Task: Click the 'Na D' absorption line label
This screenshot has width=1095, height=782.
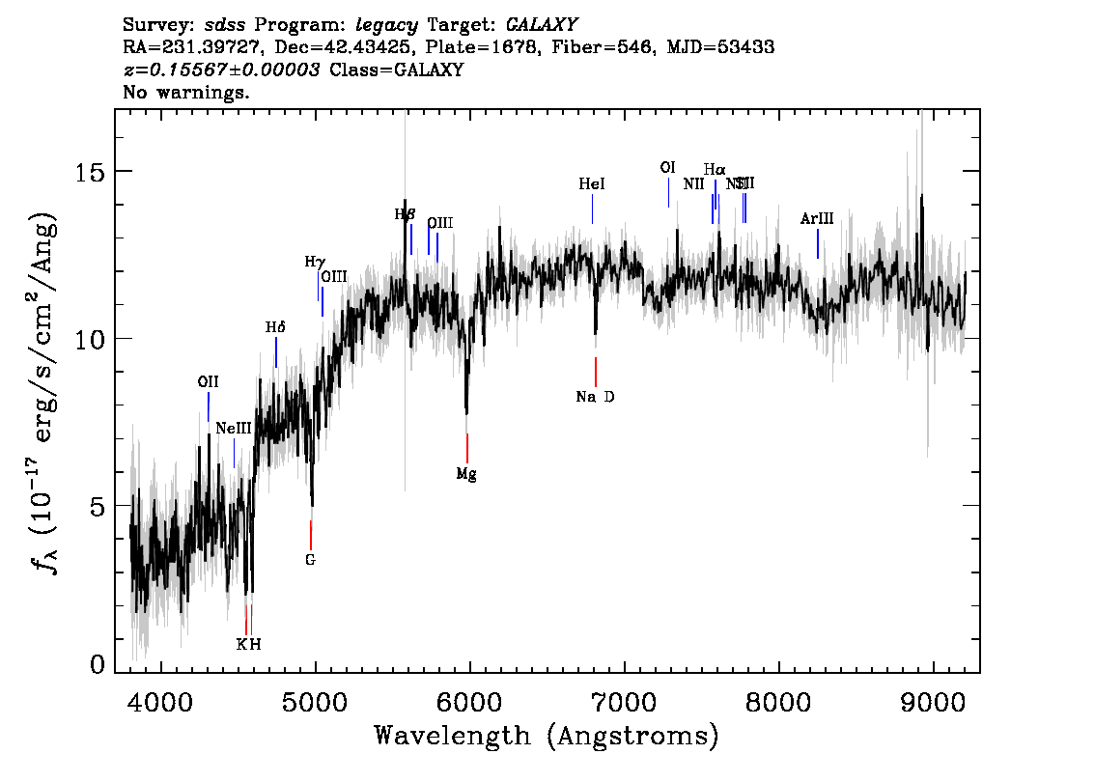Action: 595,397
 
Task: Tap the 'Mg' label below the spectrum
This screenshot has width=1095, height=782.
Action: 466,474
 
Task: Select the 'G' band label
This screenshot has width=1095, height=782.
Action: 310,559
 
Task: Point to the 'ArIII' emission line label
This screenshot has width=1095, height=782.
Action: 817,219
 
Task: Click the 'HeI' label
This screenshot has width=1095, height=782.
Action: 592,183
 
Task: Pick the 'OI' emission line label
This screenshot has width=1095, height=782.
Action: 667,167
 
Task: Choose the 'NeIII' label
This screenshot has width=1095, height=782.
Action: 233,428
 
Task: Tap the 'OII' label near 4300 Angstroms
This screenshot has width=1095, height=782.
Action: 208,381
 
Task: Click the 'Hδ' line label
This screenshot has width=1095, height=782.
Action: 275,327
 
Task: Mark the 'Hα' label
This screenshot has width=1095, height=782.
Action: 715,170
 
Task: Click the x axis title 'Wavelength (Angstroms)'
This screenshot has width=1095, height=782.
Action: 547,737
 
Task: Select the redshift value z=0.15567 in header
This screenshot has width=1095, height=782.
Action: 222,70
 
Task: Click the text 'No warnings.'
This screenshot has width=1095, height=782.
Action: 187,93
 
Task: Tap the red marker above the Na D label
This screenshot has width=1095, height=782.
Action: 596,372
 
